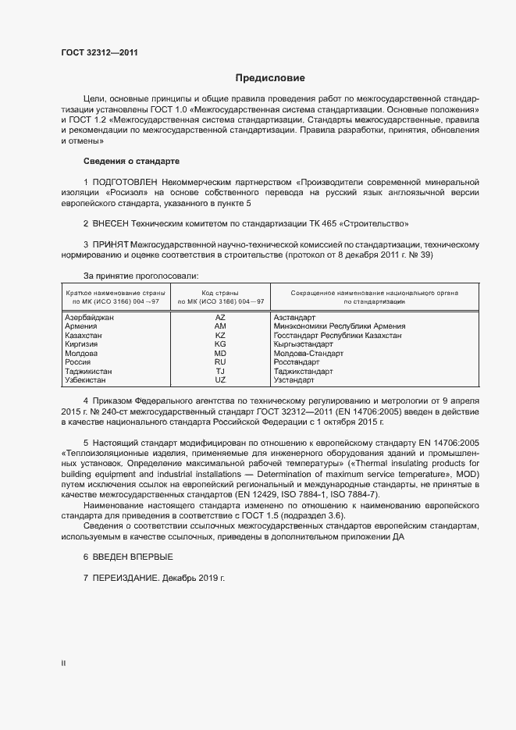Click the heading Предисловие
pos(271,78)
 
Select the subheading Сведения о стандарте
pos(131,161)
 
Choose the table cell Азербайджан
pos(90,318)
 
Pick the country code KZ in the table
pos(220,335)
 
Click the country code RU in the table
pos(220,362)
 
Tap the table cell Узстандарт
pos(294,380)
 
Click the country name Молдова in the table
pos(81,354)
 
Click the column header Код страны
pos(220,292)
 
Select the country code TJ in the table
pos(220,372)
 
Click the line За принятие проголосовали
pos(141,276)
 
